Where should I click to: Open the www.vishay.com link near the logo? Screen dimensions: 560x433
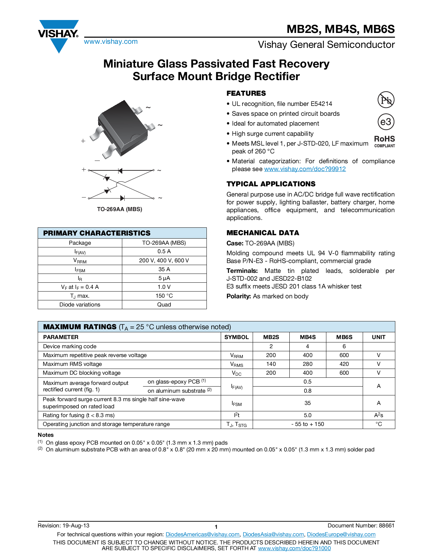(111, 42)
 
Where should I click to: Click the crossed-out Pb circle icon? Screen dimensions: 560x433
(386, 100)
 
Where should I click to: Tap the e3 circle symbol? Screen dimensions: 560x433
(386, 122)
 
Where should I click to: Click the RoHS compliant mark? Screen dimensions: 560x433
(384, 141)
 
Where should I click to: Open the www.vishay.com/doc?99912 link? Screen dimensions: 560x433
(305, 169)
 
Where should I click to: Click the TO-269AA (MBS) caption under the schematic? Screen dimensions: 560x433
(120, 209)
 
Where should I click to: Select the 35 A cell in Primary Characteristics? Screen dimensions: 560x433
(164, 269)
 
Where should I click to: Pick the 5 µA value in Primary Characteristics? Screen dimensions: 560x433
(164, 278)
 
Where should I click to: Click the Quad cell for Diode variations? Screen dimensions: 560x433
(164, 305)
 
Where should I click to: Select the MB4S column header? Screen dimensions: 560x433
(308, 337)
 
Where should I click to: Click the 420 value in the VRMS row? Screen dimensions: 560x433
(344, 364)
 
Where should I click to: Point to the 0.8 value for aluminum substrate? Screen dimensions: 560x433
(308, 391)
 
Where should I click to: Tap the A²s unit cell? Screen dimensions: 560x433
(379, 415)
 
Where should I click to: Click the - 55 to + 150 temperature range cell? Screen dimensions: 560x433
(308, 424)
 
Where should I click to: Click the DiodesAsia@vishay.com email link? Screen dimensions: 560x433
(273, 535)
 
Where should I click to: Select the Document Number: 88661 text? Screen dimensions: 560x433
(361, 526)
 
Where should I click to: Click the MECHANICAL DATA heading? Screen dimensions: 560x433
(263, 233)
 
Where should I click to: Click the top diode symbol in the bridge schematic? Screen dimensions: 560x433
(120, 170)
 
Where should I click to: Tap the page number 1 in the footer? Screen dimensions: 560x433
(216, 527)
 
